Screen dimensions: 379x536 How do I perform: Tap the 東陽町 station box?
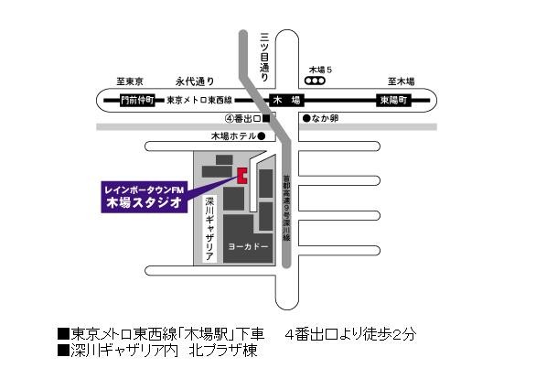point(396,101)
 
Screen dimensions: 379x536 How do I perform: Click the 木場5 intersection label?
point(323,69)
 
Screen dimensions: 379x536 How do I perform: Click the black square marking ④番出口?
point(266,118)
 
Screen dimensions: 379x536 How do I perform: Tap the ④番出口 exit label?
point(242,119)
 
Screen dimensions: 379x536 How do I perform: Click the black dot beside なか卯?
point(307,118)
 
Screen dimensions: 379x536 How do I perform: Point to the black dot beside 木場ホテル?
point(261,137)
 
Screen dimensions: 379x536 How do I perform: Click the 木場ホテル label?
point(232,137)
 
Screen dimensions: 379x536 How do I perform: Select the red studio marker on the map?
point(242,176)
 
